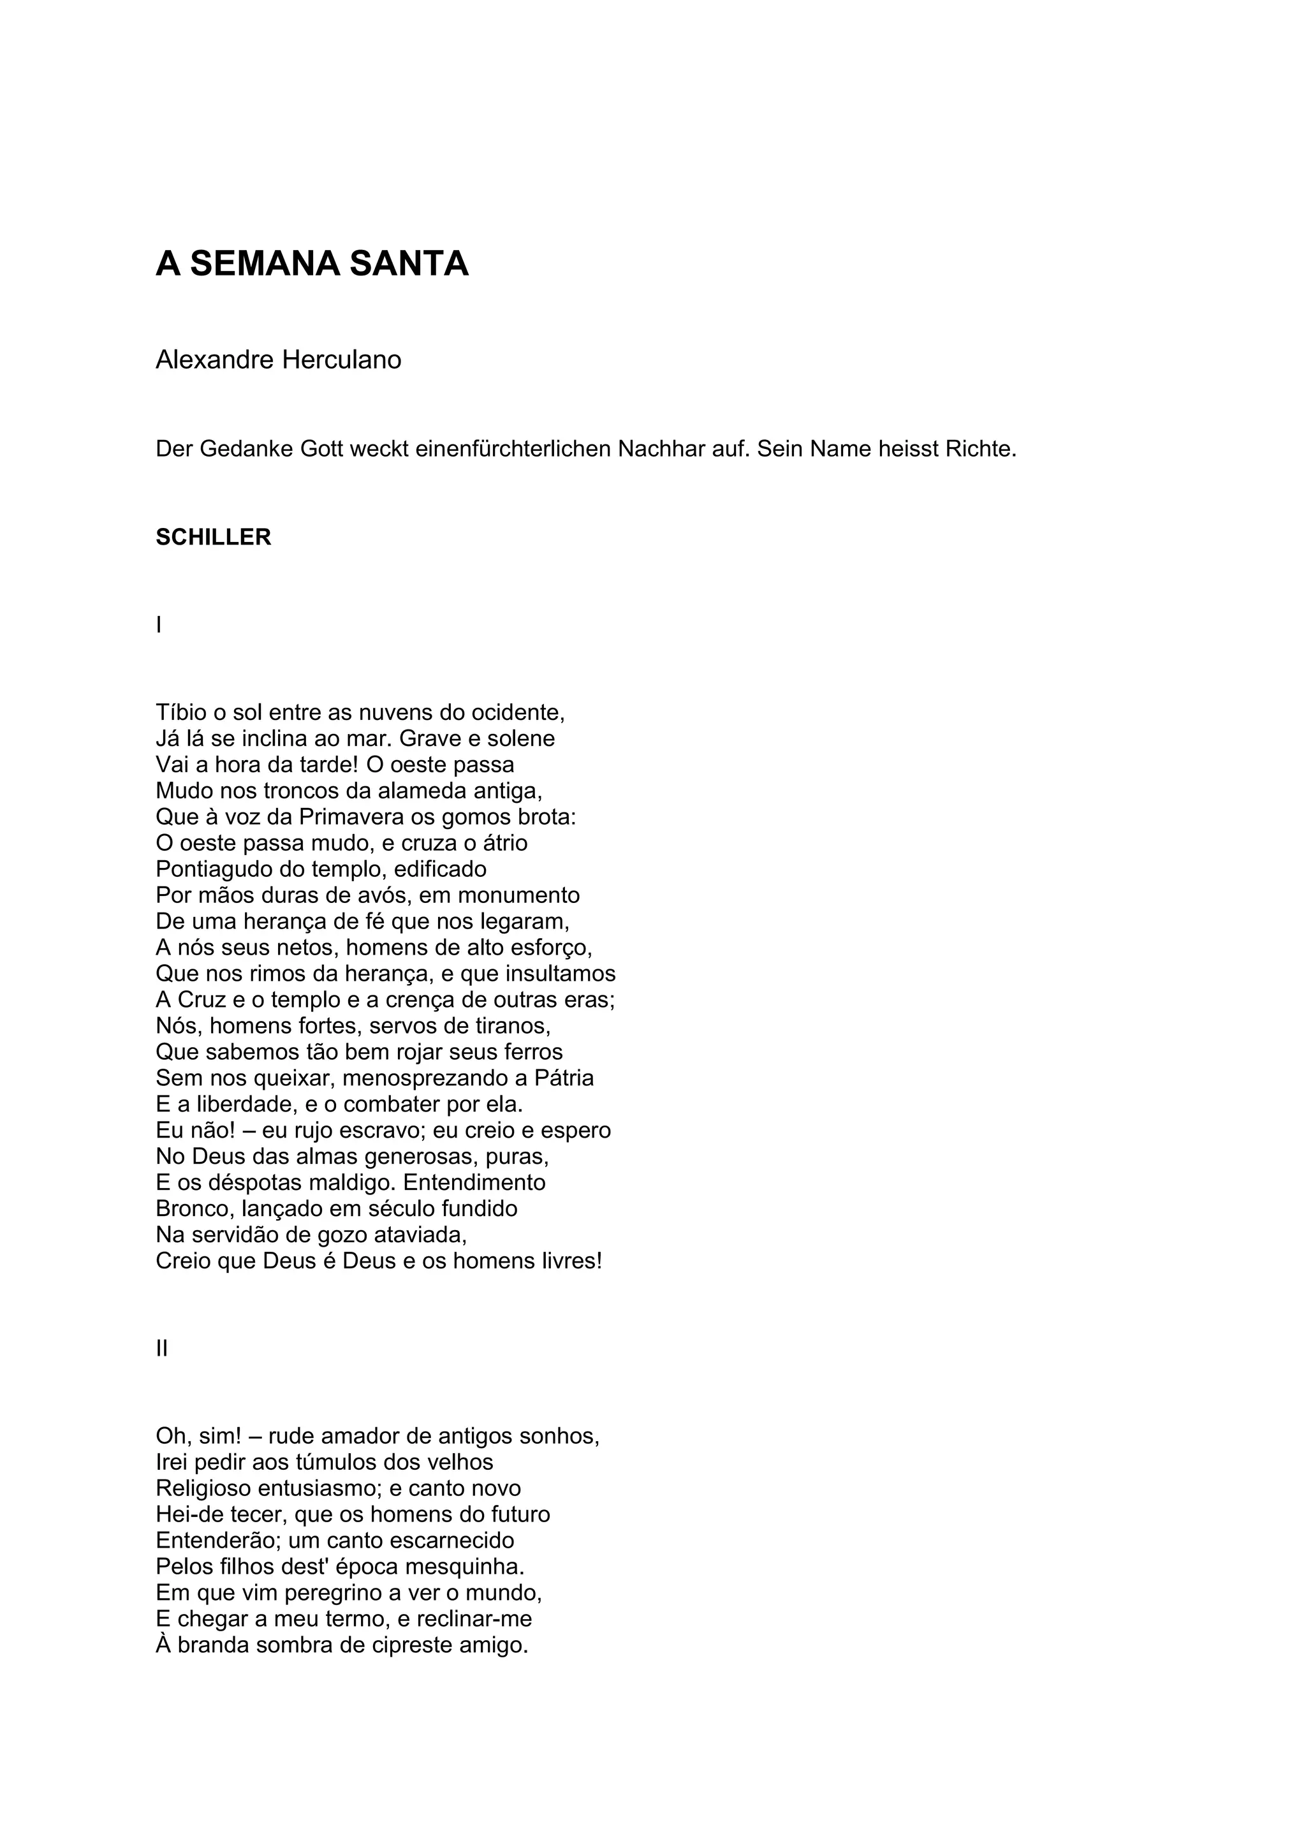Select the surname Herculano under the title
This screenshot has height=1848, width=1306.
341,360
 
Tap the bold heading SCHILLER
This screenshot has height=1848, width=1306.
213,537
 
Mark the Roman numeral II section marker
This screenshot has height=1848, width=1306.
162,1348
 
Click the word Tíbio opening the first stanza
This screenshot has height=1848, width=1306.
182,712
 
